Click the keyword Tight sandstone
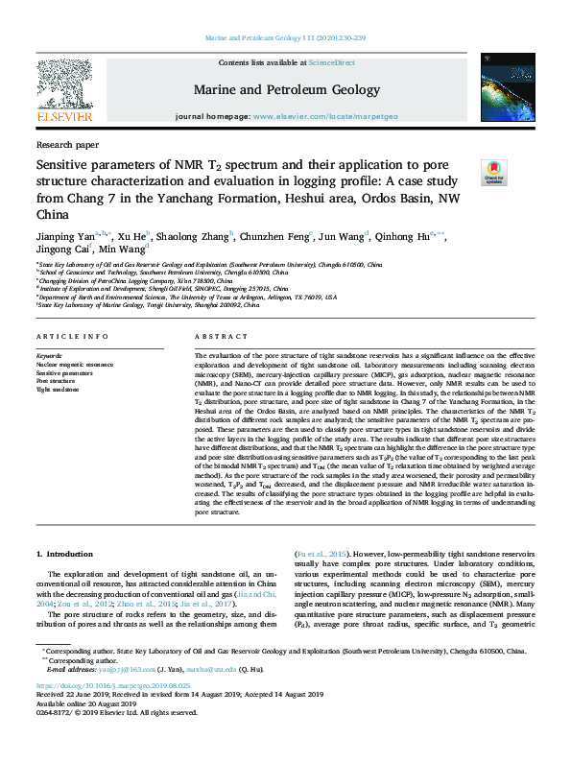(x=58, y=390)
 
